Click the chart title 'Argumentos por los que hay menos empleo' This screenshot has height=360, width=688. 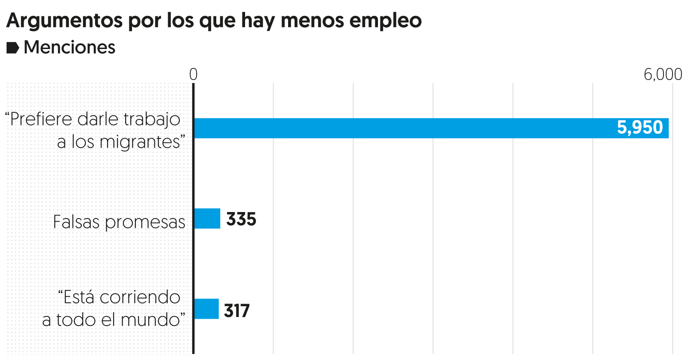(x=214, y=20)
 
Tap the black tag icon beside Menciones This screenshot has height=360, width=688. (x=12, y=48)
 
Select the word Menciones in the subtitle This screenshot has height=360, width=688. (x=69, y=47)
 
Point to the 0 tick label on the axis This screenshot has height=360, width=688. (x=193, y=74)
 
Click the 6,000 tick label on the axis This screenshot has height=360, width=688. (x=663, y=74)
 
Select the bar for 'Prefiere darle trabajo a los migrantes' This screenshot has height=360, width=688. (x=430, y=128)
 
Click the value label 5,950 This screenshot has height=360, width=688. (x=640, y=128)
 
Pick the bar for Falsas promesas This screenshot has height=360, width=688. (x=207, y=218)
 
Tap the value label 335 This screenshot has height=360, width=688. (x=241, y=219)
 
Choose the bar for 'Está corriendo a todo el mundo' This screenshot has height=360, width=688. (x=206, y=309)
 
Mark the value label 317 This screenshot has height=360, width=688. (x=237, y=311)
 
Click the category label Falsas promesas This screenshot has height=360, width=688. (x=119, y=222)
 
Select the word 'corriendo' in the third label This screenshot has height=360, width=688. (x=146, y=297)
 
